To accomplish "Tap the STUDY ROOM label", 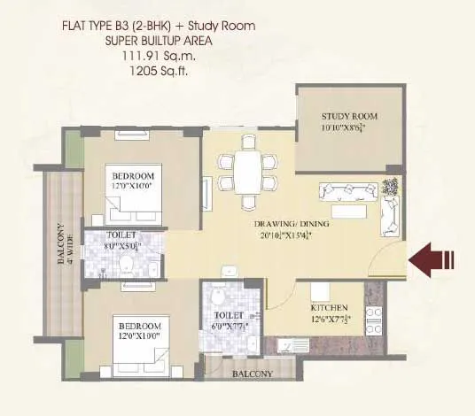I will (349, 116).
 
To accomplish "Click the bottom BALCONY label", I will (252, 374).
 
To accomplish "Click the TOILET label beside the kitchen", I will (229, 315).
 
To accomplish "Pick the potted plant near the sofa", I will (390, 188).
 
